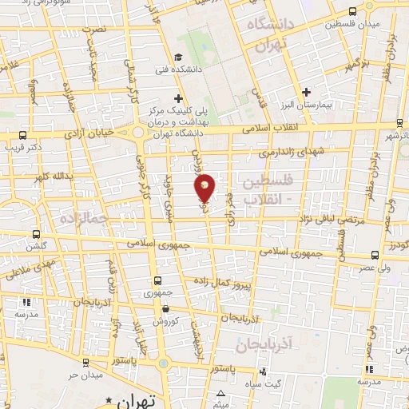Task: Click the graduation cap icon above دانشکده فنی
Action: click(179, 58)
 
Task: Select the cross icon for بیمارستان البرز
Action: click(307, 93)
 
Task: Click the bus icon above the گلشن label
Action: click(35, 235)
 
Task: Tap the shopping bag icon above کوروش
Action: click(165, 308)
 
